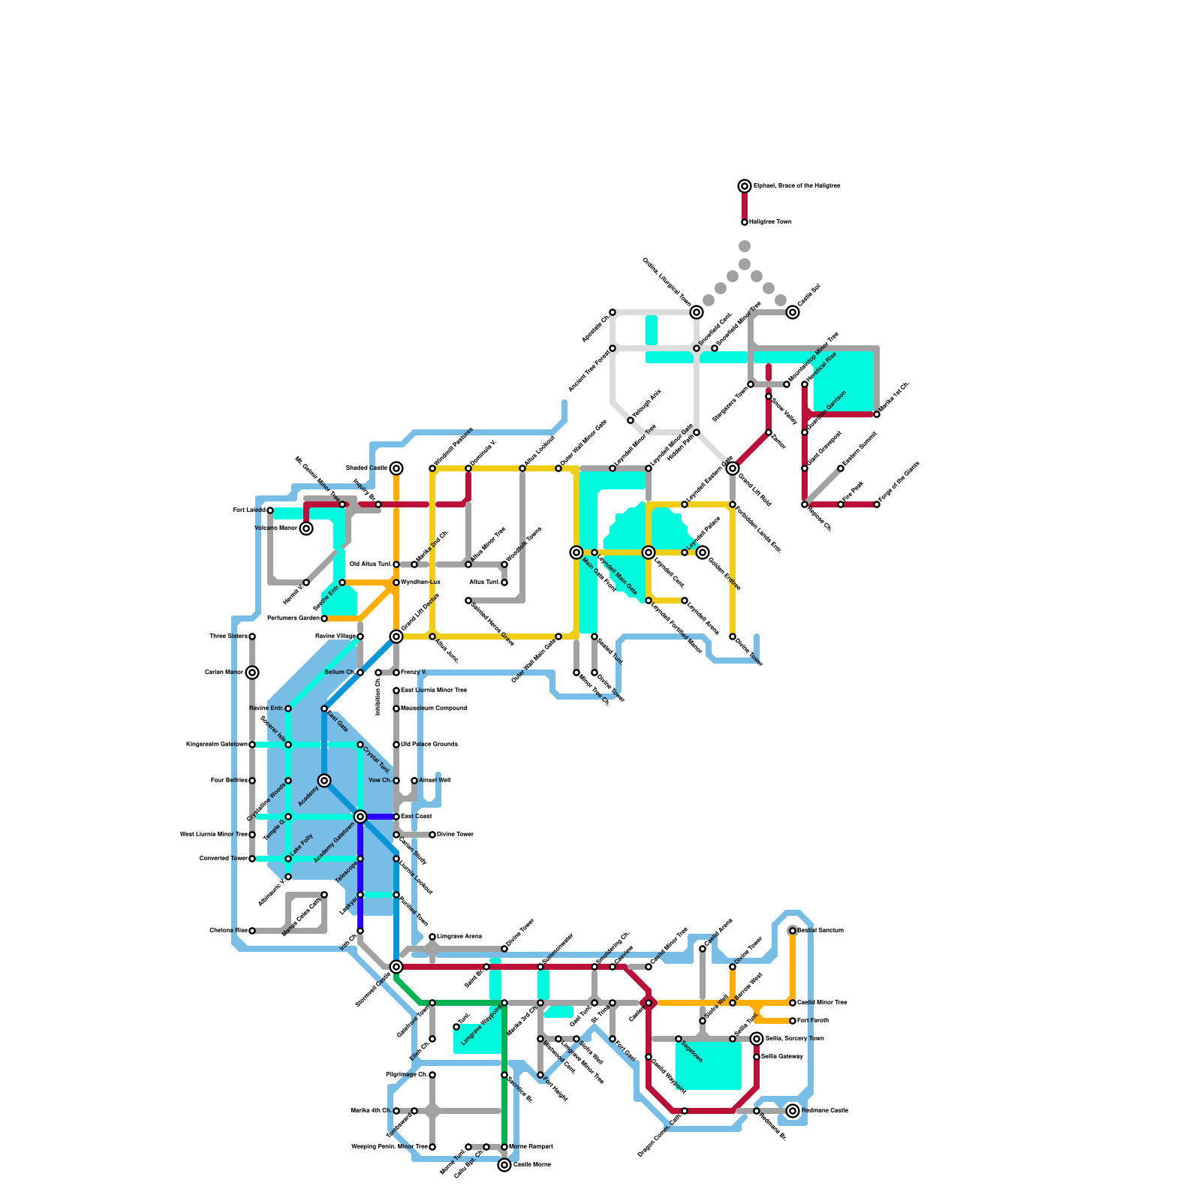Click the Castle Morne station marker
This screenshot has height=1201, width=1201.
(504, 1165)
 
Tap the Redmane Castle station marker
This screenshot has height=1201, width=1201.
(793, 1111)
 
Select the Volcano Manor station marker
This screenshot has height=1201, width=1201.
(306, 528)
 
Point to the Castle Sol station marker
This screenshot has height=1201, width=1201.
(793, 312)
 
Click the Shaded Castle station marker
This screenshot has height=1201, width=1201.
(396, 468)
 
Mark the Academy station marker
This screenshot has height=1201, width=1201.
(324, 781)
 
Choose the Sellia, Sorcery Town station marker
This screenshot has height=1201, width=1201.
(757, 1039)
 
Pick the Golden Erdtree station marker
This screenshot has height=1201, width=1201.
(703, 552)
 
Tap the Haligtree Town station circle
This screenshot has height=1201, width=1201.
(745, 222)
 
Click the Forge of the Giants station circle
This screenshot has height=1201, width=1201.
(877, 504)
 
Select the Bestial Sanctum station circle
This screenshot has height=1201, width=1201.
(793, 931)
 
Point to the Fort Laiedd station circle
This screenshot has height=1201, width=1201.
(270, 510)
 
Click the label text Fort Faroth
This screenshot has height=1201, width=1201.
(813, 1021)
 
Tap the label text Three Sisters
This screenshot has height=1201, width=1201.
(228, 637)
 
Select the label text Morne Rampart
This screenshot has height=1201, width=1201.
(531, 1147)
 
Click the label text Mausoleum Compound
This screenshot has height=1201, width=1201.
(434, 709)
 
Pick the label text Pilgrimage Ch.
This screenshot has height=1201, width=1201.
(406, 1075)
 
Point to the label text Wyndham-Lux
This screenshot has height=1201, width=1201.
(420, 582)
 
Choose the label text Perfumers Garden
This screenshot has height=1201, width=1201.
(293, 619)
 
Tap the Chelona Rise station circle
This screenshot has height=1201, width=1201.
(252, 931)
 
